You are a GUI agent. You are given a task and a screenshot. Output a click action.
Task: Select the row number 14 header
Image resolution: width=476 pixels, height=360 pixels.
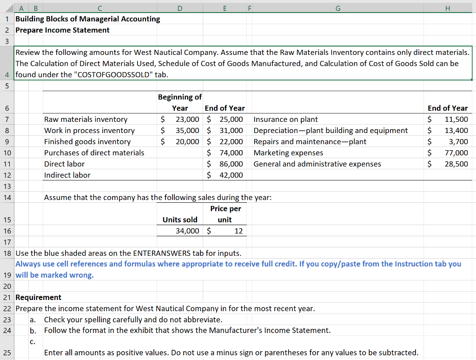(7, 197)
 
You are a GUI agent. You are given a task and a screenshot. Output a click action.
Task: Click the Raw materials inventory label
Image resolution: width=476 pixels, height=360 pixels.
(86, 120)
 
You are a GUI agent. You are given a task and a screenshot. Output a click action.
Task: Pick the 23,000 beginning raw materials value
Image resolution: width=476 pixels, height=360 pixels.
(187, 120)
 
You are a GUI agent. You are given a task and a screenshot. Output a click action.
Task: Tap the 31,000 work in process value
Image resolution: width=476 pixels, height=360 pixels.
(231, 131)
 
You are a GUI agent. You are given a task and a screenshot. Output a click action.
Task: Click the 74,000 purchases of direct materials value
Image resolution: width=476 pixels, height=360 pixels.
(231, 153)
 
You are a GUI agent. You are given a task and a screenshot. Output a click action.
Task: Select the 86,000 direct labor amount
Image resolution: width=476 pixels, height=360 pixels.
(231, 164)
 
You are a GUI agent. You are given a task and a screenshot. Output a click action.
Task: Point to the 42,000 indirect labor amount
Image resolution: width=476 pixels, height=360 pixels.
(231, 175)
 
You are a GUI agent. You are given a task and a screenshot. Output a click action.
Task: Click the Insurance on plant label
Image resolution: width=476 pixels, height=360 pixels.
(285, 120)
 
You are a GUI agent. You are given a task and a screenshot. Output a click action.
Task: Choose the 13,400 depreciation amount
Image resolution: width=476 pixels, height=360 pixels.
(456, 131)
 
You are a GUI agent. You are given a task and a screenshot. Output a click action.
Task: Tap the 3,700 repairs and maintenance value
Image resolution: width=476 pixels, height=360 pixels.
(458, 142)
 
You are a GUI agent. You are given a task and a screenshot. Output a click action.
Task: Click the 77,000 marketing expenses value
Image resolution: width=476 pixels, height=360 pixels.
(456, 153)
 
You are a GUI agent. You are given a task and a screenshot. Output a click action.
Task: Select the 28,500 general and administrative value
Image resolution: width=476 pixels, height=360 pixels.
(456, 164)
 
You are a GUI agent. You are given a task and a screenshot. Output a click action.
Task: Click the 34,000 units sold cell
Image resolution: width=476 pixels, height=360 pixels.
(187, 231)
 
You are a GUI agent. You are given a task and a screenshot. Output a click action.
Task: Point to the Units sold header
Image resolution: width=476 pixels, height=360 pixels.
(179, 220)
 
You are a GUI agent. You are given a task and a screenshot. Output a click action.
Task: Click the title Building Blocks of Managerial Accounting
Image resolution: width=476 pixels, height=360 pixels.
(87, 19)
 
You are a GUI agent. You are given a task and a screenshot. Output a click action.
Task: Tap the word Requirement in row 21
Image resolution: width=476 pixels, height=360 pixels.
(38, 297)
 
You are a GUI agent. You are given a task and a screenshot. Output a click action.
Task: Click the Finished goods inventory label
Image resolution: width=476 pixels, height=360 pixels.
(87, 142)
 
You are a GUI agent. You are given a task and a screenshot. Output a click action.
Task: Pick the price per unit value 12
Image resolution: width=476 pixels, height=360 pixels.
(238, 231)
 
